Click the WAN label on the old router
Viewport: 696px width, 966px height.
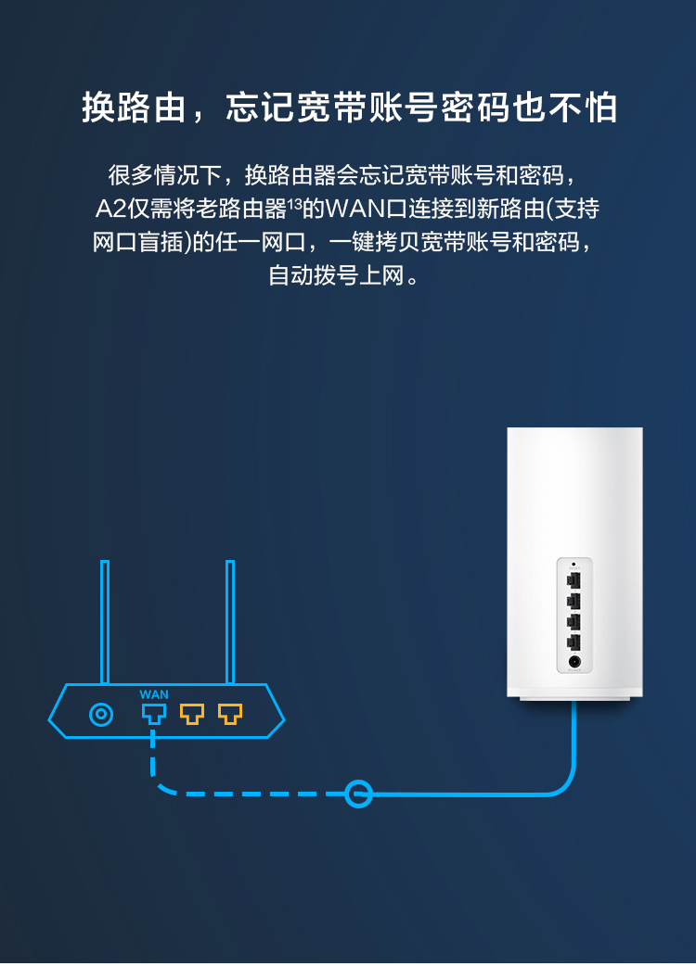click(x=153, y=694)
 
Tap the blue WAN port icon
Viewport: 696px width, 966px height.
click(x=153, y=714)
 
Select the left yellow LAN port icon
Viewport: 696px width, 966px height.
click(x=192, y=714)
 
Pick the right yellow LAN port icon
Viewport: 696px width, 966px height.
click(x=230, y=714)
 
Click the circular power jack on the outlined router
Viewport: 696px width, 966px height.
click(x=101, y=715)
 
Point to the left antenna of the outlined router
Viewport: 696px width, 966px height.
click(x=105, y=622)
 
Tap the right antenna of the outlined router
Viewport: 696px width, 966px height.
click(x=230, y=622)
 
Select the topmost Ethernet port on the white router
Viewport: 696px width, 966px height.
click(x=574, y=581)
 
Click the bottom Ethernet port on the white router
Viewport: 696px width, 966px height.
click(x=574, y=642)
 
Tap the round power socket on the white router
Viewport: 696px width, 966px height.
click(x=574, y=662)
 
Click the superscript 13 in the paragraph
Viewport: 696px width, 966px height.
click(x=295, y=203)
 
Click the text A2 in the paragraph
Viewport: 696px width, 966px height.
click(x=110, y=210)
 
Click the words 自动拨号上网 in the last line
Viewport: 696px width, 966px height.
click(x=336, y=275)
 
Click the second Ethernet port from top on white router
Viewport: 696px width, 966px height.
click(x=574, y=601)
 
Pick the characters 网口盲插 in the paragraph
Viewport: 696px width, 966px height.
click(x=138, y=243)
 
